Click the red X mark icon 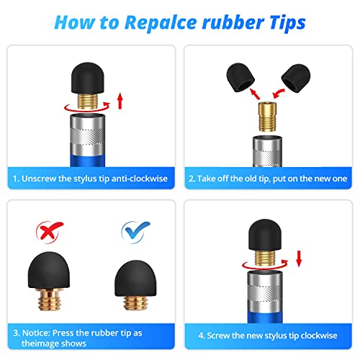[49, 231]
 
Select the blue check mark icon [135, 231]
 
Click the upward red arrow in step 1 [120, 102]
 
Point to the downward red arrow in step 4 [299, 258]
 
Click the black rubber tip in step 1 [88, 78]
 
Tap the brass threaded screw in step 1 [88, 102]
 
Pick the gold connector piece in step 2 [267, 117]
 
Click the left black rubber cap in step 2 [240, 77]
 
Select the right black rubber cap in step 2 [296, 78]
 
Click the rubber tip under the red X [49, 270]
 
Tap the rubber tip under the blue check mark [135, 279]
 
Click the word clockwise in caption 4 [319, 336]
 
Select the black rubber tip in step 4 [265, 235]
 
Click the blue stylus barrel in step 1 [88, 161]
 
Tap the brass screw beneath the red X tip [49, 300]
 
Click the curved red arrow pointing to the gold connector [279, 94]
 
